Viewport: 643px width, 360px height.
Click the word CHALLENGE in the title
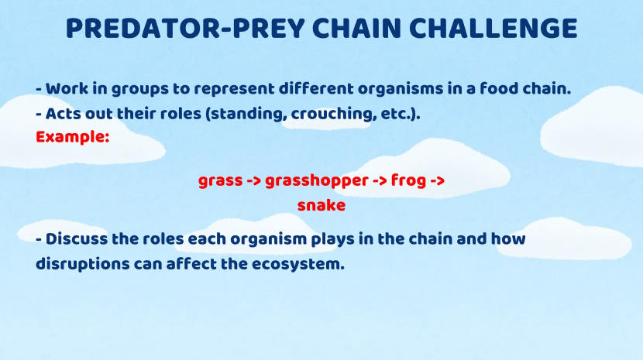[493, 29]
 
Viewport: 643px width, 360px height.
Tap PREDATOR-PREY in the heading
[185, 29]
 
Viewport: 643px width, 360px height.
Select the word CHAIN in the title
[356, 29]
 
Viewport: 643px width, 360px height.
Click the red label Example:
[73, 137]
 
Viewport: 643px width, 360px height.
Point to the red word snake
[321, 205]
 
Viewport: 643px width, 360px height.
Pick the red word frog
[408, 180]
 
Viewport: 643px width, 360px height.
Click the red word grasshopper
[317, 181]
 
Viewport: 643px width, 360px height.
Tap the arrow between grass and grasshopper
[254, 181]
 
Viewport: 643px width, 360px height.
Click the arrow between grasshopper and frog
[380, 181]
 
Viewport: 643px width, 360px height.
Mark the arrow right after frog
[438, 181]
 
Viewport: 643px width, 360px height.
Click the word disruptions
[82, 265]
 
